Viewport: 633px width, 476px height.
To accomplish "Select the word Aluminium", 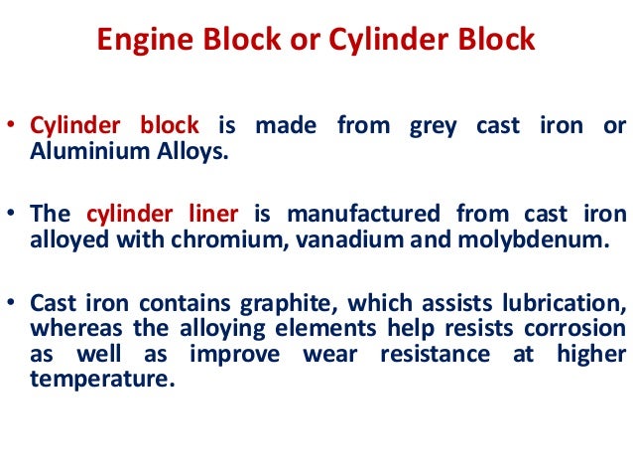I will [x=75, y=151].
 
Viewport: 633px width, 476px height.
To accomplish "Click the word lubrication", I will [x=567, y=302].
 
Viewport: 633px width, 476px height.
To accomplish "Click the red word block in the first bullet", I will [x=169, y=127].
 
